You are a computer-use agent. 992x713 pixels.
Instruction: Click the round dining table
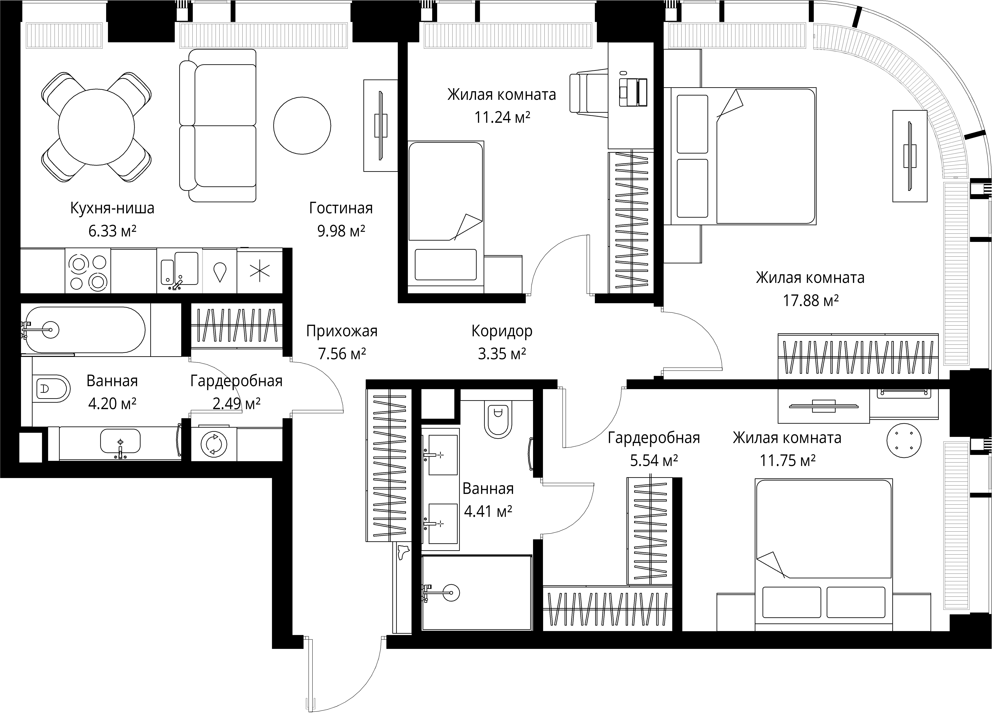click(x=96, y=127)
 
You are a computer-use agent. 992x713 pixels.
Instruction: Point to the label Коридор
click(x=502, y=331)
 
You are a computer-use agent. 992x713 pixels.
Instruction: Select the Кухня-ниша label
click(x=112, y=208)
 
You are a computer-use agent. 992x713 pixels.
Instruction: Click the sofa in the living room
click(x=218, y=125)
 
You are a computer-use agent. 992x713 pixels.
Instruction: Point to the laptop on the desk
click(x=633, y=92)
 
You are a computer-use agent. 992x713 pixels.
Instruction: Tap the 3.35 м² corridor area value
click(x=502, y=353)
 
